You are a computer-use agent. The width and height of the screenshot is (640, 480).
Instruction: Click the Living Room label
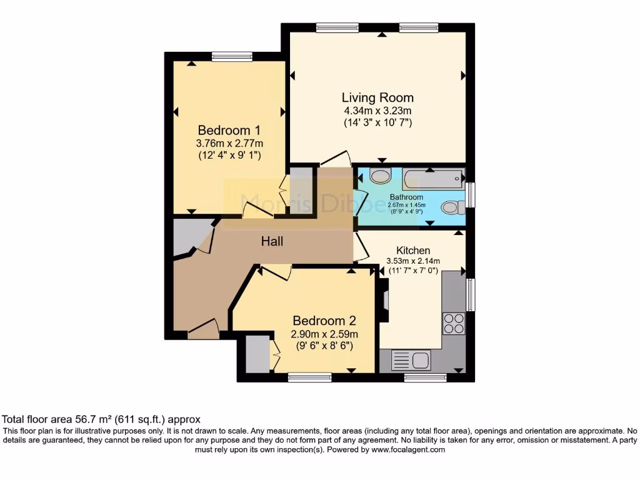[x=377, y=97]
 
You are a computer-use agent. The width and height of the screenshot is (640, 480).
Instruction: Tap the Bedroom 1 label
[x=229, y=131]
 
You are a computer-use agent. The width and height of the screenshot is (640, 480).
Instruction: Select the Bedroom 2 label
[x=324, y=321]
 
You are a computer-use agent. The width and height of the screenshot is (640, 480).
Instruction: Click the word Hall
[x=272, y=241]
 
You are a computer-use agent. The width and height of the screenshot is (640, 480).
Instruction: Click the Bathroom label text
[x=407, y=197]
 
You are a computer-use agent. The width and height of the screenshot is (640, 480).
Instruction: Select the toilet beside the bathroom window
[x=451, y=207]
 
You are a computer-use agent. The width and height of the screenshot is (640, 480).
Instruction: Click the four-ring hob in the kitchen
[x=454, y=323]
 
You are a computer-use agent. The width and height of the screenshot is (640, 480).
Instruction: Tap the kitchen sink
[x=410, y=360]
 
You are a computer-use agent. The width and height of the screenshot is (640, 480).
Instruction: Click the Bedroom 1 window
[x=232, y=57]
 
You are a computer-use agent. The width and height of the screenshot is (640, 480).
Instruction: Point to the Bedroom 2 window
[x=310, y=377]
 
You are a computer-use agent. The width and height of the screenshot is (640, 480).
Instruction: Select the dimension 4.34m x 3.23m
[x=377, y=111]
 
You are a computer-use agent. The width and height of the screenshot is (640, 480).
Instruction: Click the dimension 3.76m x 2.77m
[x=229, y=143]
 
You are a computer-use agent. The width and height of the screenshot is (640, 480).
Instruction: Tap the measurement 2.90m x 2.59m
[x=324, y=334]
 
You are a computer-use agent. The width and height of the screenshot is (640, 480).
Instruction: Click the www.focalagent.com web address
[x=407, y=449]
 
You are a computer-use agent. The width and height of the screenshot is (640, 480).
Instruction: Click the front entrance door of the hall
[x=204, y=329]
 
